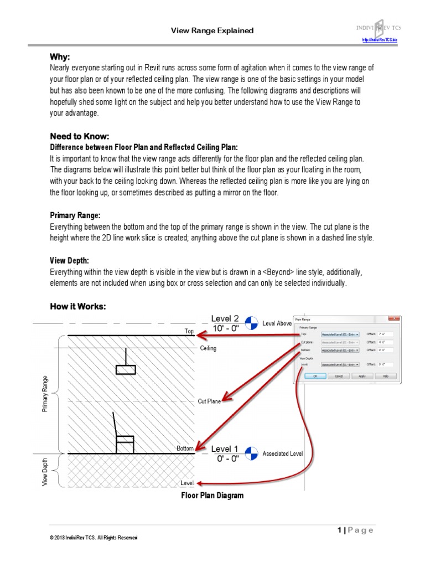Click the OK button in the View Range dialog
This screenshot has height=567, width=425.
[315, 375]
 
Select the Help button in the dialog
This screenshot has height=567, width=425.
[386, 375]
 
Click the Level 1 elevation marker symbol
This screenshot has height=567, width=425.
[251, 453]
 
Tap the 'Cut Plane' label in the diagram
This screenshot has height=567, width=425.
[209, 401]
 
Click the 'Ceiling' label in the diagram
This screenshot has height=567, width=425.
[208, 348]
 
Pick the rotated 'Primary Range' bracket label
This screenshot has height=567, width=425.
[45, 393]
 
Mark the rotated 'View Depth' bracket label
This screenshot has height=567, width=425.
[45, 471]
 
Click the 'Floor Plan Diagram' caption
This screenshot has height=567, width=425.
[212, 496]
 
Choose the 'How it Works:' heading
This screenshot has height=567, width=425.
[77, 306]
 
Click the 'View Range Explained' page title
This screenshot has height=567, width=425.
[212, 30]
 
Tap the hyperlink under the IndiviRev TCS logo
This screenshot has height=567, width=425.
[380, 40]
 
